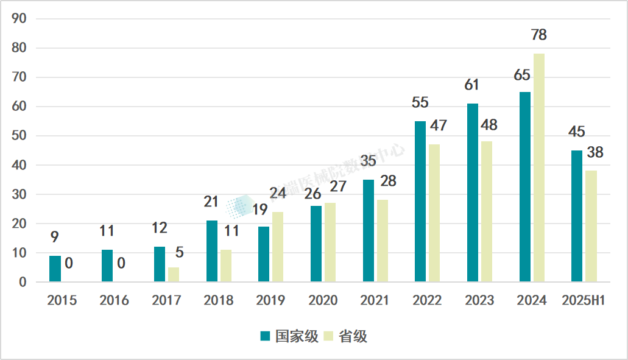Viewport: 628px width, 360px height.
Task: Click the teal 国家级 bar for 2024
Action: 524,186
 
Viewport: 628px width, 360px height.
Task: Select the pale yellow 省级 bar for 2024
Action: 538,168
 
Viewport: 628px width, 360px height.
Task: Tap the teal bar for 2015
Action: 55,269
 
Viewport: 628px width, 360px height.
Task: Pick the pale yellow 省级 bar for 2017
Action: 174,274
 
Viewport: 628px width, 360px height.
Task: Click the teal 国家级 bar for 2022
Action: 420,201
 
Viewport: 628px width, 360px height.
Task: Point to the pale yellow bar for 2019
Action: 278,247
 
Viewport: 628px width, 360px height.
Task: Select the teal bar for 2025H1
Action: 577,216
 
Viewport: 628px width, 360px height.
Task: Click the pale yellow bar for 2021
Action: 383,241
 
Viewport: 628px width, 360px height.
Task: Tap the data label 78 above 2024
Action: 538,35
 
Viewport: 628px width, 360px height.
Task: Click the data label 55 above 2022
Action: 420,102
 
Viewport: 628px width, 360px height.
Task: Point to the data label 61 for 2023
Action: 472,85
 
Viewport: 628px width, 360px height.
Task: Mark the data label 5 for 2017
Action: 180,252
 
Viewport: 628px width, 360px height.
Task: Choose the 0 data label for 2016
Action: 121,263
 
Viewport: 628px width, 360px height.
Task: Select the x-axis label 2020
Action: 323,301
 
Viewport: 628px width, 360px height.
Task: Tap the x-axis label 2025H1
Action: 583,301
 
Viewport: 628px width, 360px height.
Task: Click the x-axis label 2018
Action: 219,301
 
